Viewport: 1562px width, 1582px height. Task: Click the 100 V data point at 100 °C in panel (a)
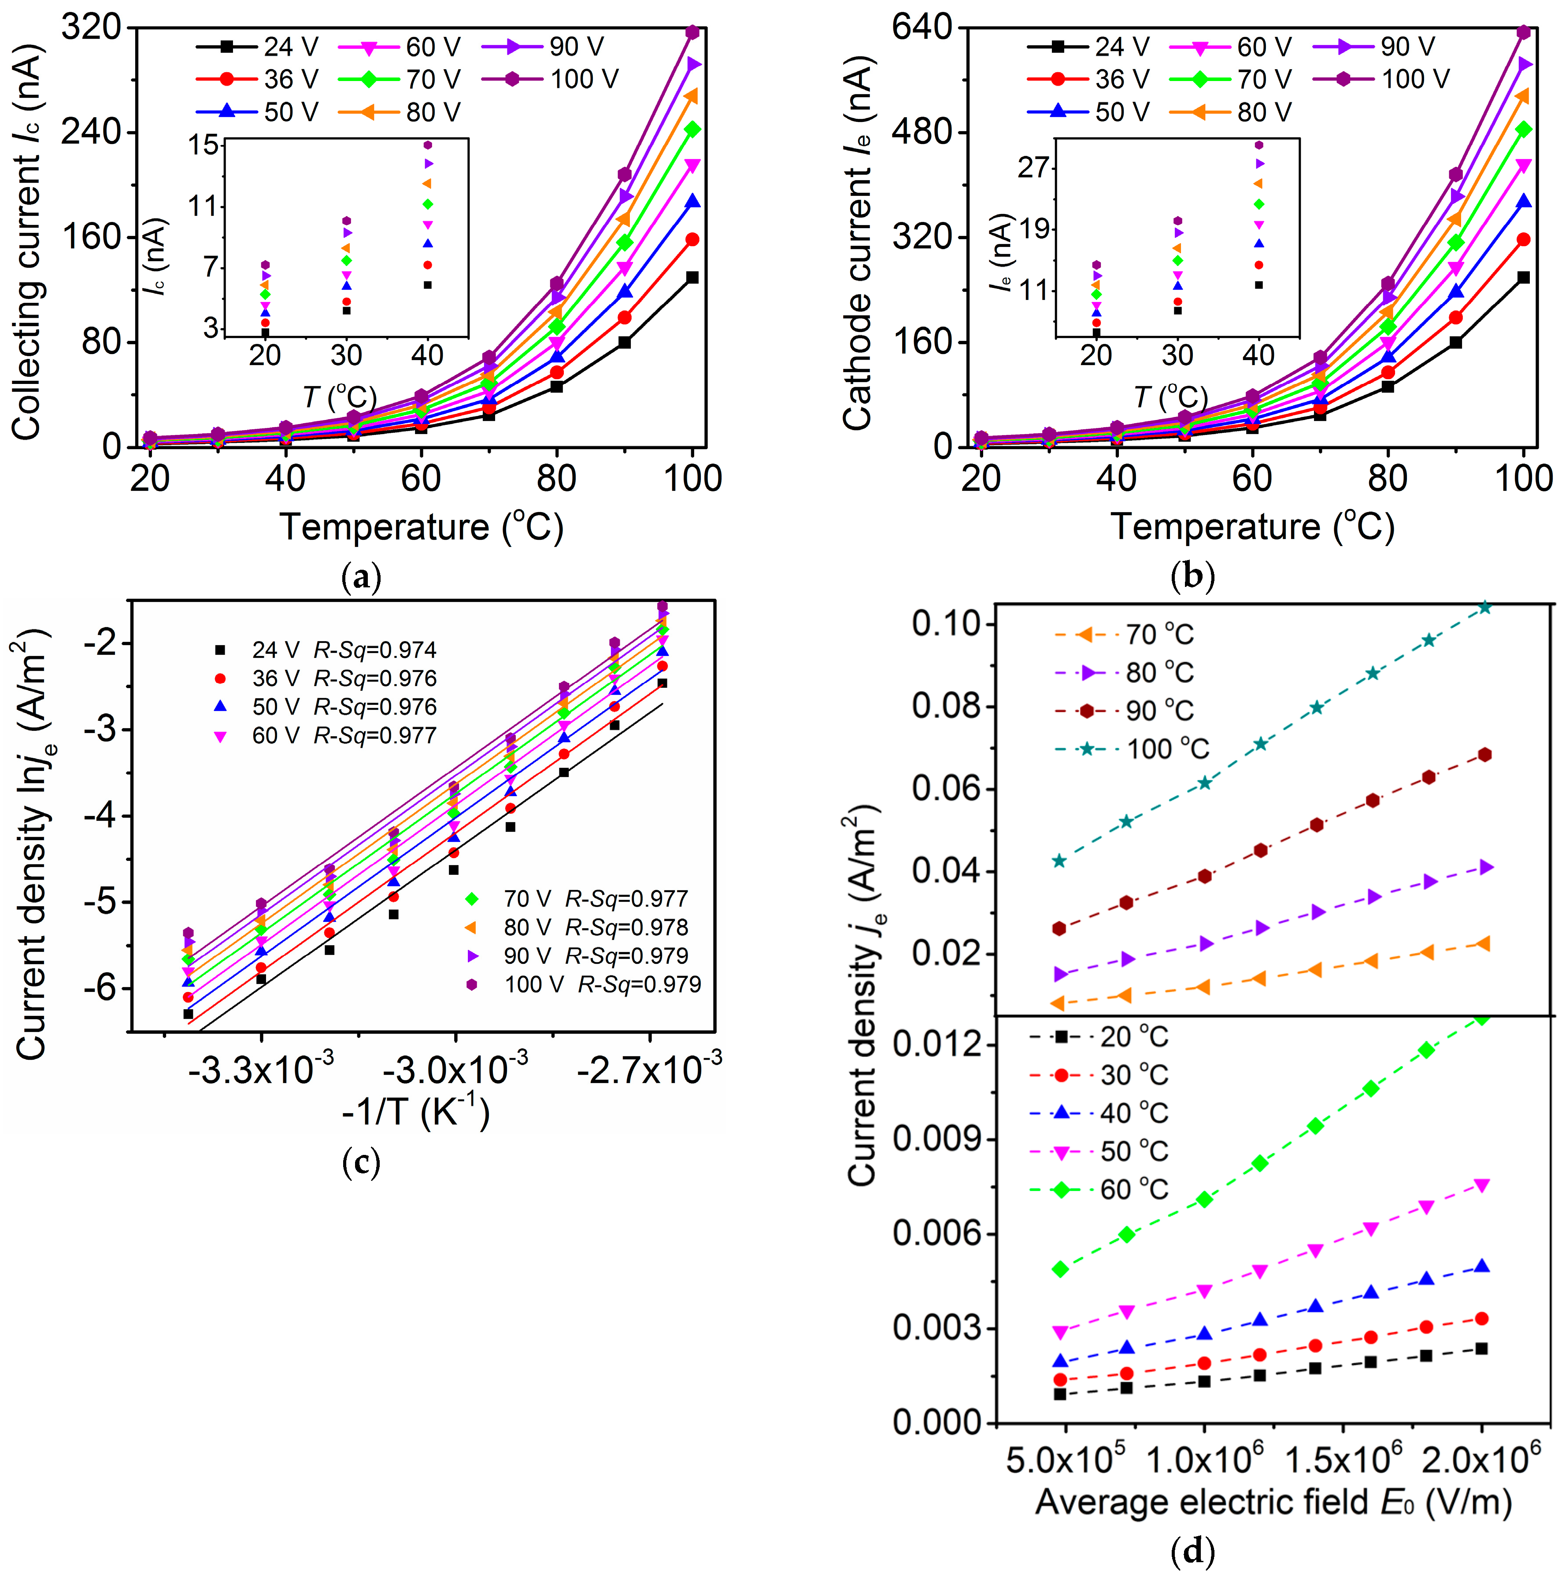pos(692,32)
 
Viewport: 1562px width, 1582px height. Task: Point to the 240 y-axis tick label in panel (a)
pos(91,132)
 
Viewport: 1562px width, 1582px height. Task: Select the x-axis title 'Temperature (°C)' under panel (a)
pos(422,527)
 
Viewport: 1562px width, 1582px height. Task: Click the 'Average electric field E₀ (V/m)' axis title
pos(1273,1502)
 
